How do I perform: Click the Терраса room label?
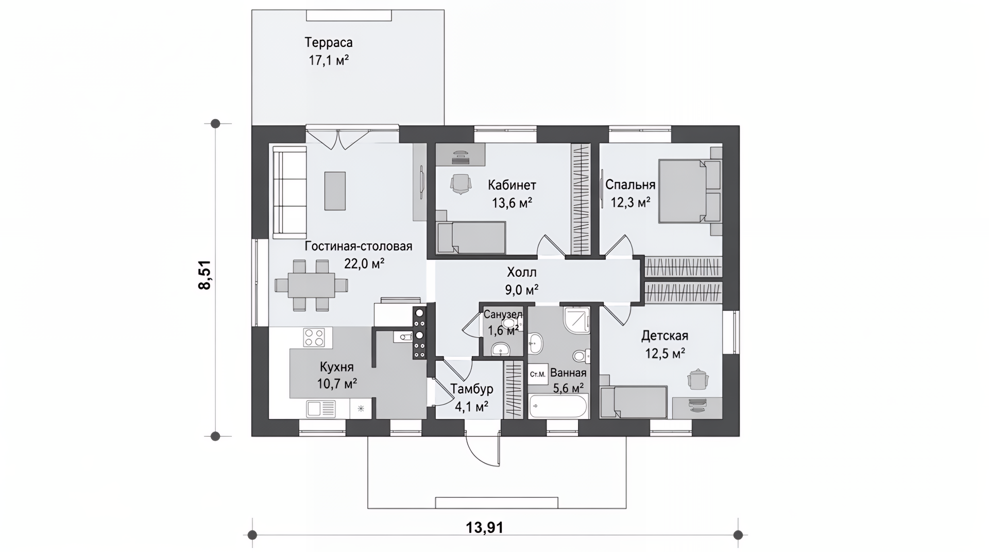tap(328, 42)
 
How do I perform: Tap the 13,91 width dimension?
tap(484, 527)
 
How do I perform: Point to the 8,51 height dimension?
tap(205, 275)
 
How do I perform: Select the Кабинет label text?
tap(512, 185)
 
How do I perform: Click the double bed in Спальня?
tap(690, 191)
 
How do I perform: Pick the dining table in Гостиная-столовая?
tap(311, 285)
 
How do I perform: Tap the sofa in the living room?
tap(289, 192)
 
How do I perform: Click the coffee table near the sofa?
tap(335, 191)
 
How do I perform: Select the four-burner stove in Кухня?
tap(314, 338)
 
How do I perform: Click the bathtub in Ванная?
tap(558, 406)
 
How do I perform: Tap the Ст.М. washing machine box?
tap(538, 374)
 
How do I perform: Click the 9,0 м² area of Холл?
tap(522, 290)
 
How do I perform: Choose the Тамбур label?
tap(472, 389)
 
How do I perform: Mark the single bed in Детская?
tap(634, 402)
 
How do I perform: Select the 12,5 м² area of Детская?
tap(665, 354)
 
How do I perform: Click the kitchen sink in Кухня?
tap(320, 409)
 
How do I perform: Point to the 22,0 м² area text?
tap(364, 264)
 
